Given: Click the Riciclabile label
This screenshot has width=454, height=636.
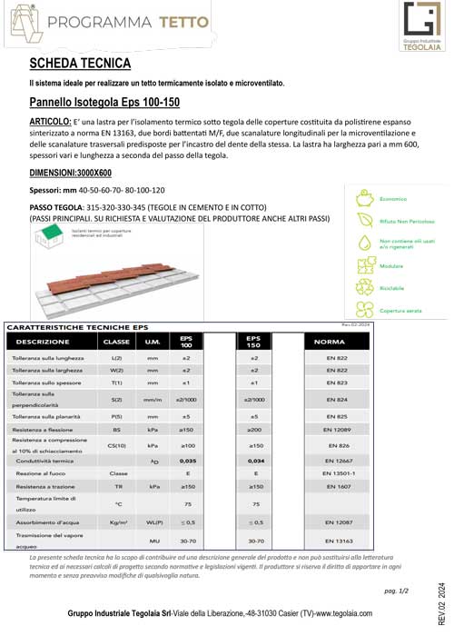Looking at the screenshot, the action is [x=397, y=287].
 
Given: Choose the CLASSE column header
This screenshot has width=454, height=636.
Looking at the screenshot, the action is [x=117, y=342].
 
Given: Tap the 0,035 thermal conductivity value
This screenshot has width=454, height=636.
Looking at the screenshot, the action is [x=186, y=461].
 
